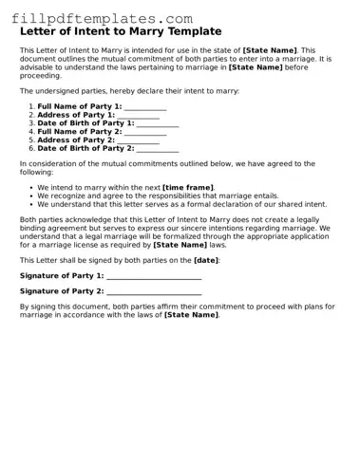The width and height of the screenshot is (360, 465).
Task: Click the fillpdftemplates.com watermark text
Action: coord(102,18)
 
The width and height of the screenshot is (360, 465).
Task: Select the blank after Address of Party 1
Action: coord(137,115)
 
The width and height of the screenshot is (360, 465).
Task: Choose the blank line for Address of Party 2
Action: coord(137,140)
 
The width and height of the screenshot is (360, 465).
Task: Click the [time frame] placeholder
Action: coord(188,188)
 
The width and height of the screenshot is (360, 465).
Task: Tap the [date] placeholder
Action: coord(206,260)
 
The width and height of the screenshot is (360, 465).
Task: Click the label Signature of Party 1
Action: coord(62,275)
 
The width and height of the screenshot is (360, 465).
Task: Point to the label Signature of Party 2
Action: coord(62,291)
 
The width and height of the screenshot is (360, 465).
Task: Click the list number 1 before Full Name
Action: coord(30,106)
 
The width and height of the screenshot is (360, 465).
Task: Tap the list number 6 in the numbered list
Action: coord(30,149)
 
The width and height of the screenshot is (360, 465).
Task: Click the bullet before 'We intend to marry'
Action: coord(31,188)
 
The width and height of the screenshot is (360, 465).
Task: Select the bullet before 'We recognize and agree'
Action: coord(31,196)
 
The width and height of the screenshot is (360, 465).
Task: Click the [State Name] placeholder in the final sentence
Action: coord(191,315)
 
